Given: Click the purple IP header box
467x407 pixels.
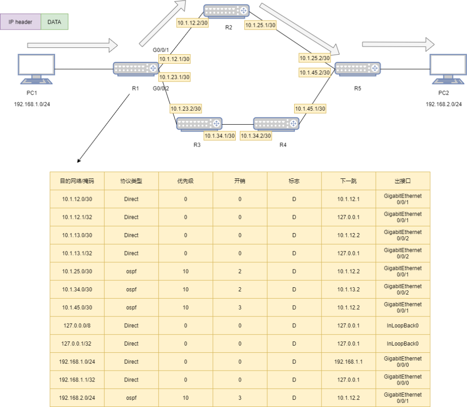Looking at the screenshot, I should click(x=21, y=22).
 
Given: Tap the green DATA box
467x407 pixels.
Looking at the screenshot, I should click(x=54, y=22).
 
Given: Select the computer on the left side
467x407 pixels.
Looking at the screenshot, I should click(x=36, y=69).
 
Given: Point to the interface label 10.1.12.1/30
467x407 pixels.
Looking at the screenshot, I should click(x=174, y=59).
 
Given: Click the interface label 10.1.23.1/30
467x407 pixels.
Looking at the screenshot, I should click(x=174, y=77).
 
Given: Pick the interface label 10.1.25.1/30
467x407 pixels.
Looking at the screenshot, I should click(x=260, y=25).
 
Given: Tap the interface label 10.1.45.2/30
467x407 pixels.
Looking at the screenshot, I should click(x=314, y=72).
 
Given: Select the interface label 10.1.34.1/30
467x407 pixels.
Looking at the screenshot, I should click(x=219, y=136).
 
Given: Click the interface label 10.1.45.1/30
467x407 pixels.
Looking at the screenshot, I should click(x=310, y=109).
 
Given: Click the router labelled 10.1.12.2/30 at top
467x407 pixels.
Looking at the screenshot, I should click(x=227, y=10).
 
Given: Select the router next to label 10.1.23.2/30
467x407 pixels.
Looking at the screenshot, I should click(x=199, y=123).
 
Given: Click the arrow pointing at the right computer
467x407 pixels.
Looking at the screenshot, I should click(x=398, y=44).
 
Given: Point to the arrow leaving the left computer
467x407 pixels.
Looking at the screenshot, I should click(x=72, y=45).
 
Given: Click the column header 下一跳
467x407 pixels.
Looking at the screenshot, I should click(x=348, y=181).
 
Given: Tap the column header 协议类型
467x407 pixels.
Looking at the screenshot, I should click(x=131, y=181).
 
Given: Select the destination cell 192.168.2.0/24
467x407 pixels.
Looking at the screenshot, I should click(x=77, y=397).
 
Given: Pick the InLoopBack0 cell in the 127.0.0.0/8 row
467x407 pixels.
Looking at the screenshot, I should click(x=403, y=326).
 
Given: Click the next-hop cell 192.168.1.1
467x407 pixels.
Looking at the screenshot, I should click(x=348, y=361).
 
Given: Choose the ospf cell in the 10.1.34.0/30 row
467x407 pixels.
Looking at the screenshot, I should click(x=131, y=289).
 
